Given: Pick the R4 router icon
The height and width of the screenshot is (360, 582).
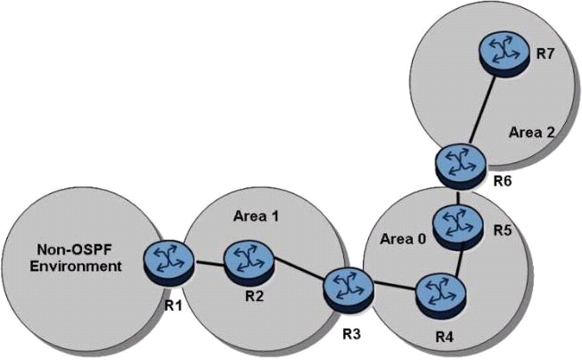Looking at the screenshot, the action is [440, 296].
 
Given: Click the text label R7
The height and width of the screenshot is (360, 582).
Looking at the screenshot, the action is [545, 54].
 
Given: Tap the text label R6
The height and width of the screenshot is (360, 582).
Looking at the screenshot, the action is [502, 181].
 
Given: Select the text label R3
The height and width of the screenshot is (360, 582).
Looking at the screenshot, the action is [351, 334].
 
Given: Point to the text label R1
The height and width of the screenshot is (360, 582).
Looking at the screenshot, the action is [174, 306].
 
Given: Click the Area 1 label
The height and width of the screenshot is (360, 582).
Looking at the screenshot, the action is [256, 216].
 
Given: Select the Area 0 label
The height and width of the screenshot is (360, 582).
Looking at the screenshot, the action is [403, 240].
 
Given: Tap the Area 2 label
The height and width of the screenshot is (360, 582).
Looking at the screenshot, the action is [531, 132].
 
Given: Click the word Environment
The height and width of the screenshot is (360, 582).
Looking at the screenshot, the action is [76, 266].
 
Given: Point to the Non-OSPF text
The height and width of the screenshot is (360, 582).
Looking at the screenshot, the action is [74, 250].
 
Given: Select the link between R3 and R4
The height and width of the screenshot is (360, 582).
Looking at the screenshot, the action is [395, 286].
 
